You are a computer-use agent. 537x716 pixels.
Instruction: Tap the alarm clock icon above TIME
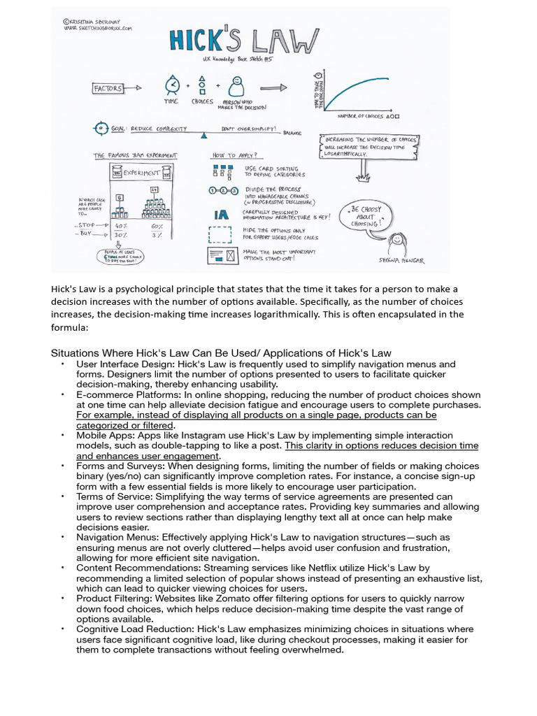pyautogui.click(x=171, y=85)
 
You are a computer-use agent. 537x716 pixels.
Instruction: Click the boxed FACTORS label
pyautogui.click(x=108, y=89)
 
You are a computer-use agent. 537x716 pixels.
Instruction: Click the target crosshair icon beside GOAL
pyautogui.click(x=100, y=129)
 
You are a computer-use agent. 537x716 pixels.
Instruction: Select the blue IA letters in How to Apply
pyautogui.click(x=221, y=215)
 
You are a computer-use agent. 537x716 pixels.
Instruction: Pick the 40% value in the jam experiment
pyautogui.click(x=121, y=227)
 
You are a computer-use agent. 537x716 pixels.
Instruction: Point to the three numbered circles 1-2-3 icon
pyautogui.click(x=223, y=191)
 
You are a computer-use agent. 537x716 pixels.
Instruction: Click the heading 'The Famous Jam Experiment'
pyautogui.click(x=136, y=155)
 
